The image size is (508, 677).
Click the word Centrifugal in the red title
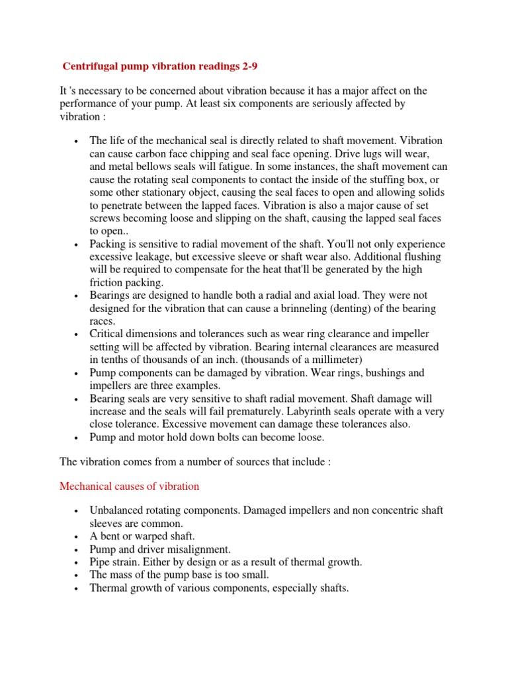(89, 66)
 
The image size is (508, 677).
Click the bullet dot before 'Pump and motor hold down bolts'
(77, 438)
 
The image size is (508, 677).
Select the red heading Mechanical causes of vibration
(129, 486)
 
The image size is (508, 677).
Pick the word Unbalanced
(116, 510)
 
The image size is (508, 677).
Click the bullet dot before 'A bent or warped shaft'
(77, 536)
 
